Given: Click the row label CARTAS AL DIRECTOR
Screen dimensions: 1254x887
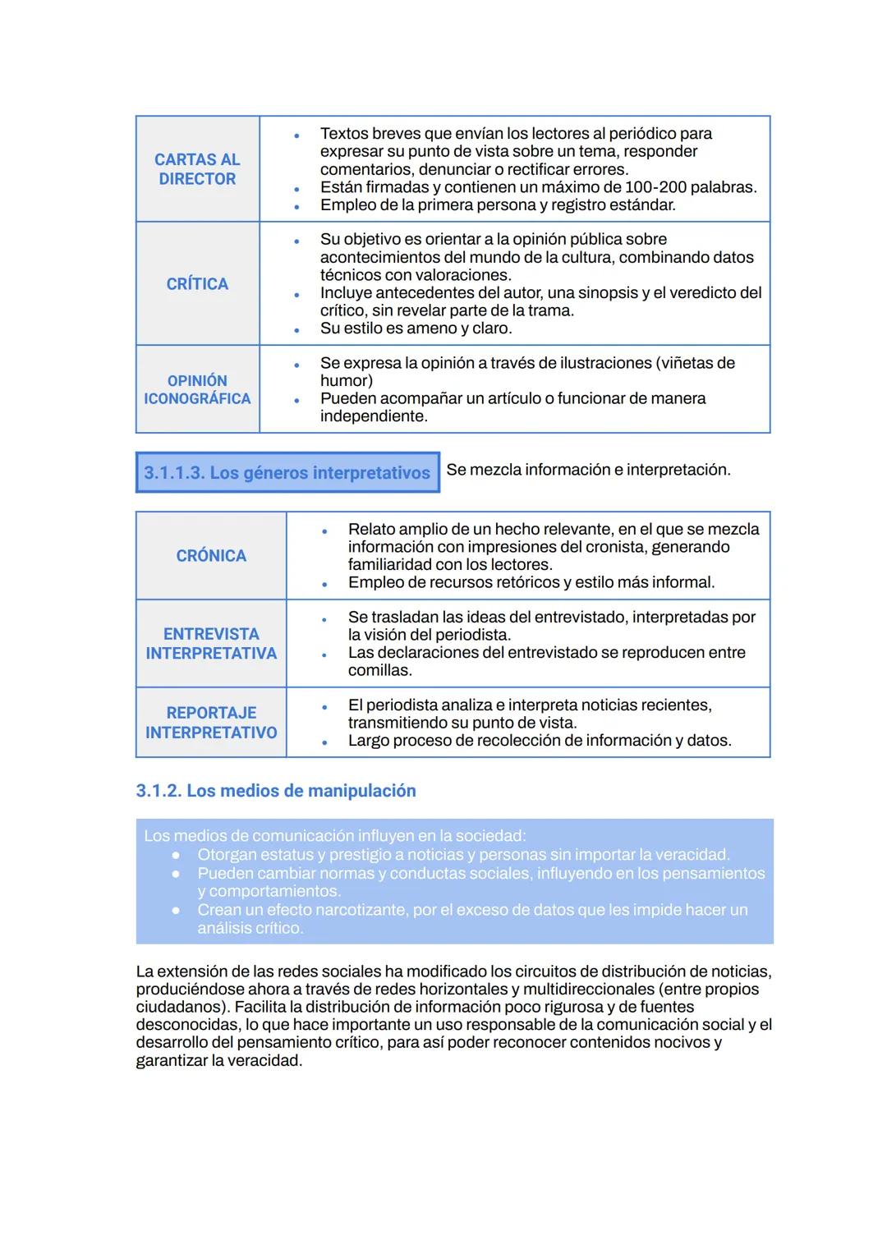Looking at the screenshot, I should [x=197, y=169].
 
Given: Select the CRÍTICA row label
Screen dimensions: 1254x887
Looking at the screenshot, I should [x=197, y=284].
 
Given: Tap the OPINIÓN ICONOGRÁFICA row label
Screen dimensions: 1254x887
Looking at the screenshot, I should [x=197, y=389].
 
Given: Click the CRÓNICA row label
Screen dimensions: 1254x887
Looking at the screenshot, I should [x=211, y=556].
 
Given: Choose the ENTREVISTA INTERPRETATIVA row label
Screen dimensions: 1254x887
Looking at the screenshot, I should [x=211, y=644].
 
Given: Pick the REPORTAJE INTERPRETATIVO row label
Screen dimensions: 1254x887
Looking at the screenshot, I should [x=211, y=723].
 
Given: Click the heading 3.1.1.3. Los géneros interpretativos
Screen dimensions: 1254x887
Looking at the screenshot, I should [x=287, y=473].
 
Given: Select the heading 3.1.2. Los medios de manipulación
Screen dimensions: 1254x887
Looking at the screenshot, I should [x=276, y=791].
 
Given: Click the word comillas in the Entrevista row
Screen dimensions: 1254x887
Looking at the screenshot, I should [x=379, y=671].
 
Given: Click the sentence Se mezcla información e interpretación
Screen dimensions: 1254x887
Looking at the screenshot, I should [x=588, y=470].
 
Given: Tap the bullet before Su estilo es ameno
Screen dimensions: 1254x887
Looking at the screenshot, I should [x=296, y=329].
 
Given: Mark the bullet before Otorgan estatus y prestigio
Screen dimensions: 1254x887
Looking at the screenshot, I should [x=176, y=855].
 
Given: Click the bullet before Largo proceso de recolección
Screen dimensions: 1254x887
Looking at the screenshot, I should [x=324, y=742].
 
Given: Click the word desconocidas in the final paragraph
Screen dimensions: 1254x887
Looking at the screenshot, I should [x=188, y=1025].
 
